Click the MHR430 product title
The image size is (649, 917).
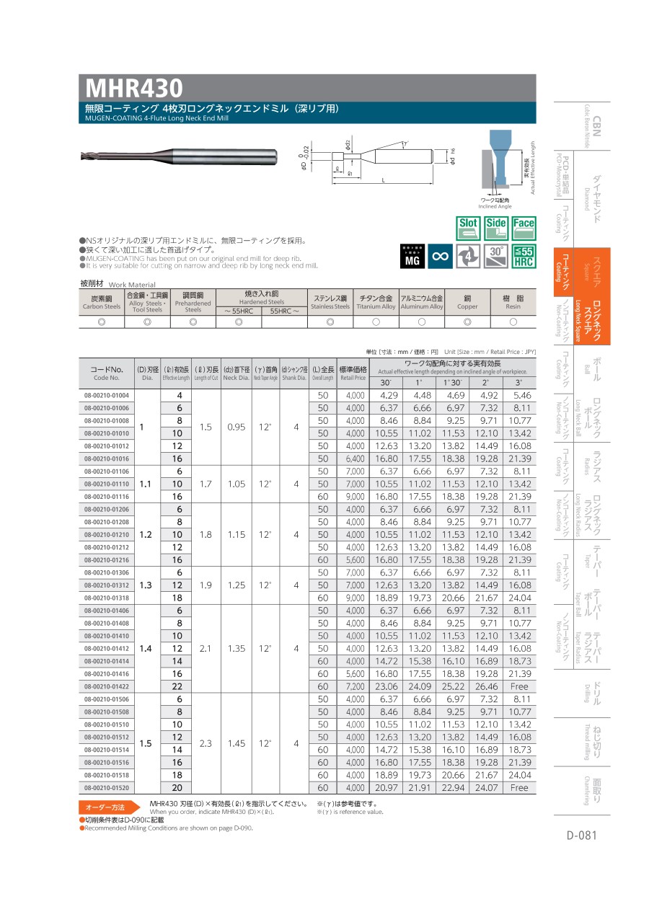[x=135, y=89]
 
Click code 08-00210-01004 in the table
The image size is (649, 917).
[x=107, y=396]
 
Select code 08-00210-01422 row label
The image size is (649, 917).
[x=107, y=686]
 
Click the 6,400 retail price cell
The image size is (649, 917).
[x=354, y=458]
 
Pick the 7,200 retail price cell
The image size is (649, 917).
[x=354, y=686]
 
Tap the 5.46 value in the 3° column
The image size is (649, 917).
[x=519, y=396]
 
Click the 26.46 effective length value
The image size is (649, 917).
[x=485, y=686]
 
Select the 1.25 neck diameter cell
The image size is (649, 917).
[x=237, y=585]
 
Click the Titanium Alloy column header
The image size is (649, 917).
[x=376, y=302]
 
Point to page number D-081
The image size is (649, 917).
[x=582, y=836]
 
